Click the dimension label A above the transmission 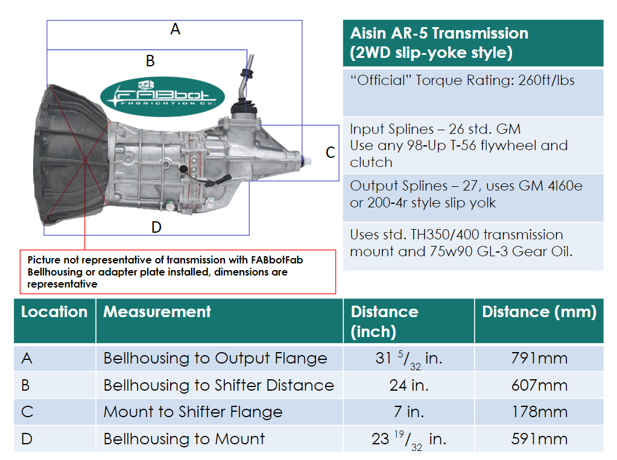[175, 29]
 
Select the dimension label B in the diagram [150, 61]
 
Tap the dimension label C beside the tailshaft [330, 153]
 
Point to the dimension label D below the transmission [156, 227]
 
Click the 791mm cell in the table [539, 359]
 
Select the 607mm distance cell [539, 385]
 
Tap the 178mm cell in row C [539, 412]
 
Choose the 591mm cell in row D [539, 439]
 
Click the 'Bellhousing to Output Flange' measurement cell [215, 359]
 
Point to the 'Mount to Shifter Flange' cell [193, 412]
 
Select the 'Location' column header [54, 312]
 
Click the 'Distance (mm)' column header [539, 312]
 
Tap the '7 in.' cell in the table [408, 412]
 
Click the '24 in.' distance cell [408, 385]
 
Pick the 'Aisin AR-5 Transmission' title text [438, 34]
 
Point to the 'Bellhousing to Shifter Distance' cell [218, 385]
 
